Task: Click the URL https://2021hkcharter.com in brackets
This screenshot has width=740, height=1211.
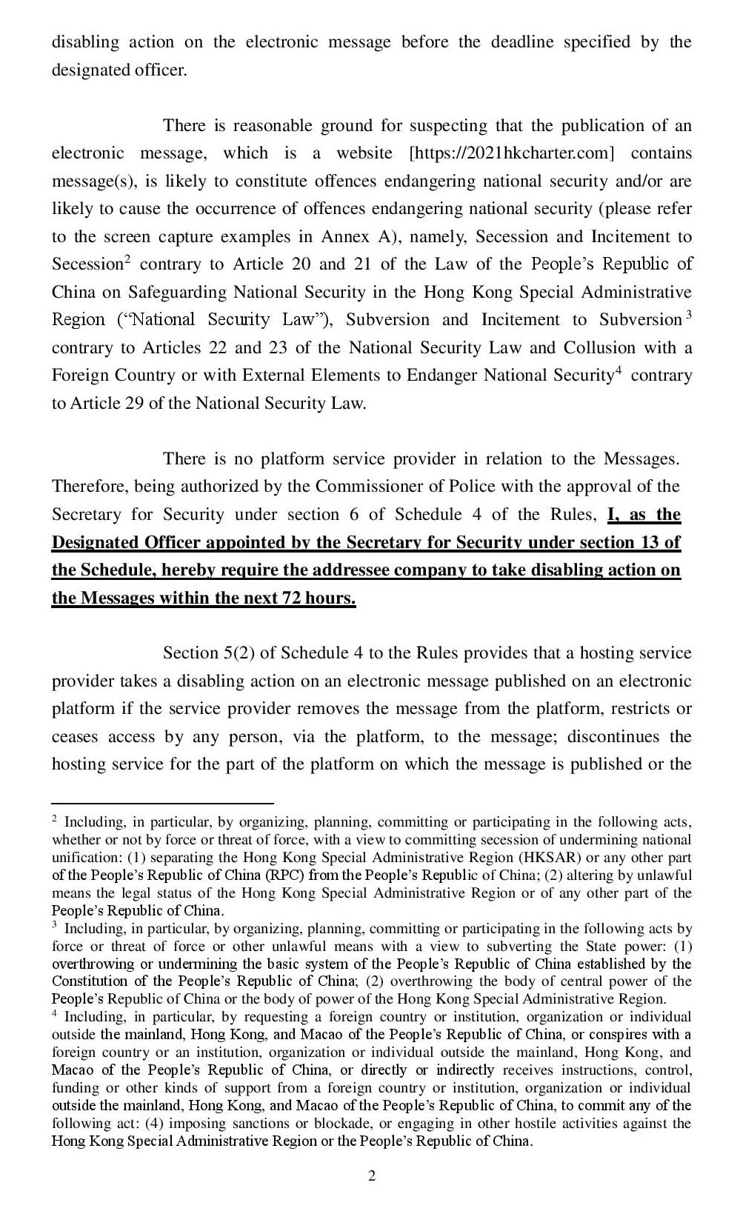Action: (x=512, y=153)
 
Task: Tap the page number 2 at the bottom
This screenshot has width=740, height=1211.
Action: (x=372, y=1176)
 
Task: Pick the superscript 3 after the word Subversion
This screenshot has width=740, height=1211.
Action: (x=688, y=315)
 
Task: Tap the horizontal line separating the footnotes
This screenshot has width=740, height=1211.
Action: (x=162, y=803)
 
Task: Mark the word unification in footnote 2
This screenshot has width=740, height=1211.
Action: (x=83, y=858)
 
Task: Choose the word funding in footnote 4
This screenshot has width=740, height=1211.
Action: (x=74, y=1088)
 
